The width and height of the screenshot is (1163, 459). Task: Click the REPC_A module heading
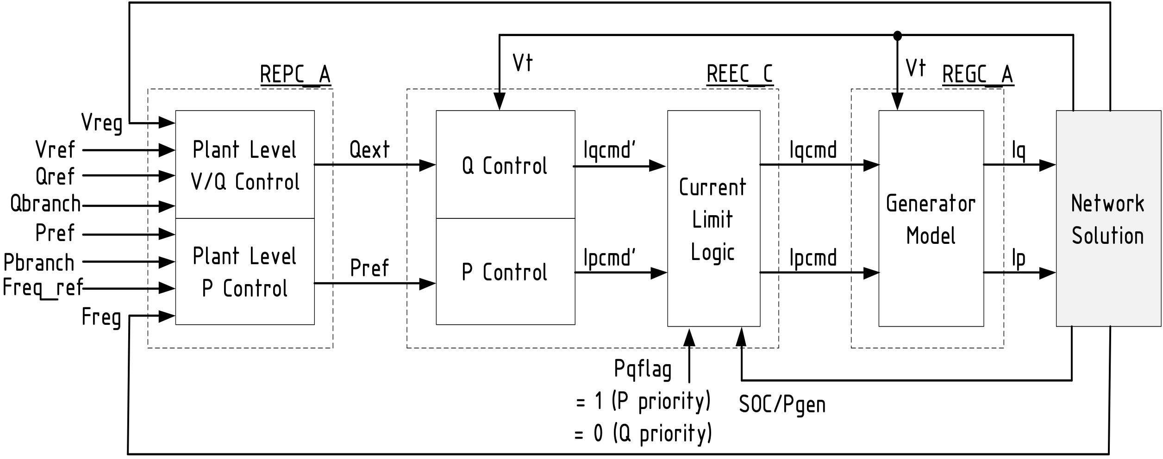295,75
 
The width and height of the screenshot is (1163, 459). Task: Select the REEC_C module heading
739,75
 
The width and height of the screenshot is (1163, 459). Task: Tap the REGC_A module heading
977,75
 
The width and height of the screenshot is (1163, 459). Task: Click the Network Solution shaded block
1107,218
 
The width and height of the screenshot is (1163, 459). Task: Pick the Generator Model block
931,218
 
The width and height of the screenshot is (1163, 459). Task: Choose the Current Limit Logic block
713,218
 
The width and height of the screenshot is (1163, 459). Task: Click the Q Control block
505,165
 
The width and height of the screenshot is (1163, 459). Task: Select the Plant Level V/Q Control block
244,165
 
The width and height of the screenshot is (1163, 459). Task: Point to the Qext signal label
369,149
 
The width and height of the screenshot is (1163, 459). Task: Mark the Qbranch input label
45,204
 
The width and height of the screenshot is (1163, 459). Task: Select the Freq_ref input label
43,288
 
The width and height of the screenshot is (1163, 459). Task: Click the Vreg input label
102,123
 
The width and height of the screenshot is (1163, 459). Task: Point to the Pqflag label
643,369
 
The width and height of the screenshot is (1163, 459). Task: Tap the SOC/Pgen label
782,404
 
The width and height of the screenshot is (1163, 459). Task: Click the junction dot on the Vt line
897,35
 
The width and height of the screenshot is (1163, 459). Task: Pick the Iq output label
1018,151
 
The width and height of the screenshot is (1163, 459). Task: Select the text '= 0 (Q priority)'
643,434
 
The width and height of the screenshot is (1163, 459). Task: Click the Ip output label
1018,259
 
